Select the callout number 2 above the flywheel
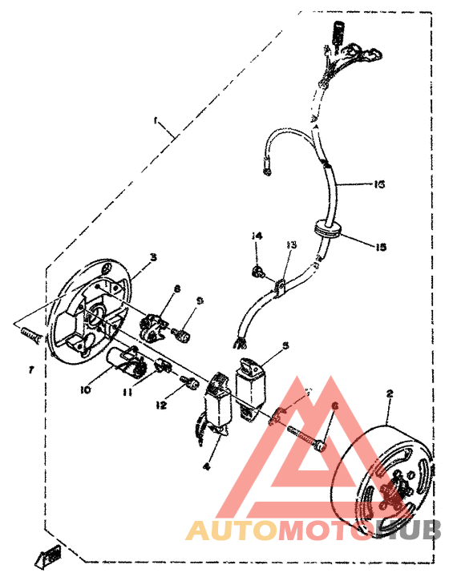pyautogui.click(x=390, y=394)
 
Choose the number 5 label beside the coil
pyautogui.click(x=285, y=347)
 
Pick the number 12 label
pyautogui.click(x=162, y=405)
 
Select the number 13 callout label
pyautogui.click(x=292, y=244)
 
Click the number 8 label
pyautogui.click(x=176, y=288)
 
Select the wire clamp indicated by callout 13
pyautogui.click(x=281, y=285)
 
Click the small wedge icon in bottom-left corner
pyautogui.click(x=53, y=554)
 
